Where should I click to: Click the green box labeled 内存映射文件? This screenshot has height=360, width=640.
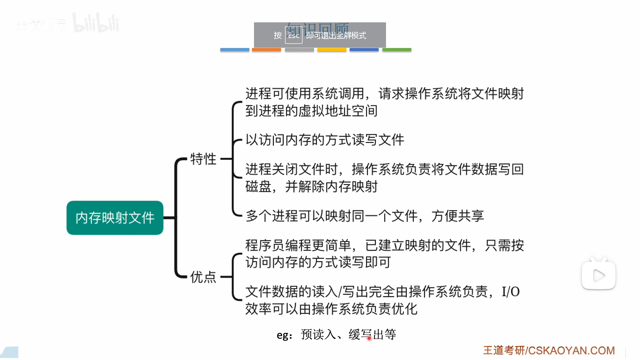[115, 218]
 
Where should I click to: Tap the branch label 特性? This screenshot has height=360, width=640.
[203, 159]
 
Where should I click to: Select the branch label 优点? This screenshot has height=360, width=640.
[203, 277]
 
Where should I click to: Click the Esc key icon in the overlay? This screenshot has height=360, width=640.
[294, 35]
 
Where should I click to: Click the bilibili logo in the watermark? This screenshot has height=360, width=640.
[96, 23]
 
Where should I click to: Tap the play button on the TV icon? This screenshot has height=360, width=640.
[599, 276]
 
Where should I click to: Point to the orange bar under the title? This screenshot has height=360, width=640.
[266, 50]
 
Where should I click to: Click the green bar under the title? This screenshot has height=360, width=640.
[397, 50]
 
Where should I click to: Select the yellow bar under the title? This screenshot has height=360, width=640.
[332, 50]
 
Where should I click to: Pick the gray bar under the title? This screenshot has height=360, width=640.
[299, 50]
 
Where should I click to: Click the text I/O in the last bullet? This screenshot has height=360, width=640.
[510, 292]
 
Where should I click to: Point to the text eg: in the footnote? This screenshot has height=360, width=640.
[284, 335]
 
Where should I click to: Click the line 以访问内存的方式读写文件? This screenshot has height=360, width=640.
[325, 140]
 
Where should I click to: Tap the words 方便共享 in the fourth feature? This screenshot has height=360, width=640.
[457, 216]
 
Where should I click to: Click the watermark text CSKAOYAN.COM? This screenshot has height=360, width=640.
[571, 351]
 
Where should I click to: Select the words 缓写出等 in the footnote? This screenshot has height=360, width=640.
[372, 334]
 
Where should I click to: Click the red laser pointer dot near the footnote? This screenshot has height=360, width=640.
[369, 338]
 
